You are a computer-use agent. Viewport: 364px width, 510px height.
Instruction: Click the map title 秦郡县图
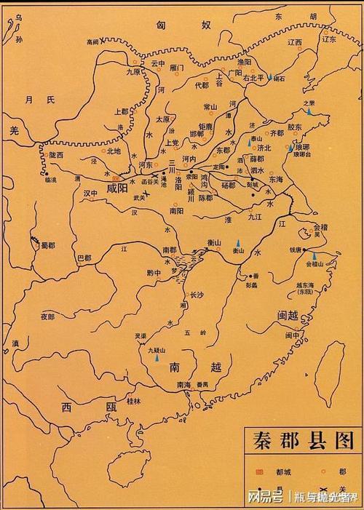tap(299, 441)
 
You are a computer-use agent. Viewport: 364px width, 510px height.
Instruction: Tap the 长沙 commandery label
tap(197, 296)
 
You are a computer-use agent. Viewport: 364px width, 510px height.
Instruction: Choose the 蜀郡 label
tap(47, 246)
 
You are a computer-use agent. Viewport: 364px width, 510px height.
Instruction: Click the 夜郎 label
tap(48, 316)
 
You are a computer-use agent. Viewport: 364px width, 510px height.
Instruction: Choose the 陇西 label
tap(55, 155)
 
